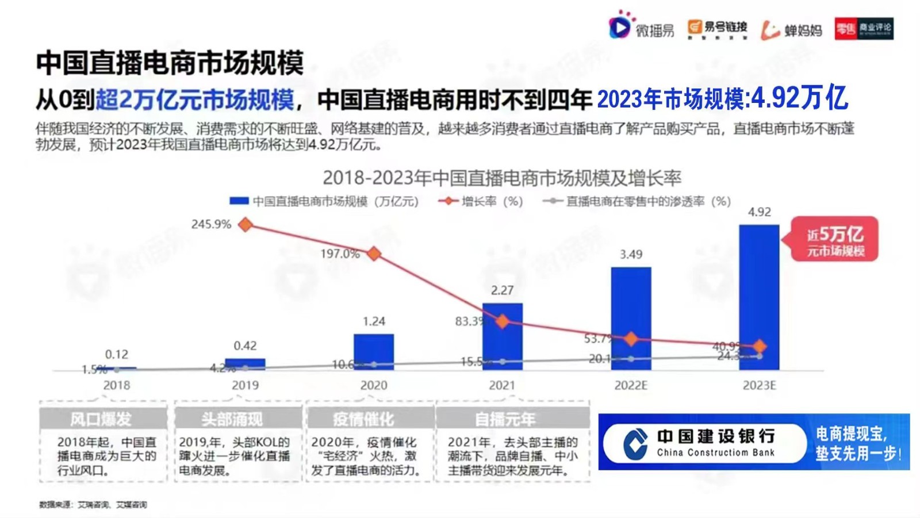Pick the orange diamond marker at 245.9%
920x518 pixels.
(x=246, y=225)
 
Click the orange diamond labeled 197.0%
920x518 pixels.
(x=374, y=253)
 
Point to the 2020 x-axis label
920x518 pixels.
(x=374, y=385)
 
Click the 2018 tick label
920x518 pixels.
(x=117, y=385)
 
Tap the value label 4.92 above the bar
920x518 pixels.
(x=759, y=212)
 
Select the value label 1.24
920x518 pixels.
(x=374, y=321)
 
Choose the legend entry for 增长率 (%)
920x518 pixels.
(x=481, y=201)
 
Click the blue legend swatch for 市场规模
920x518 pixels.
(x=239, y=201)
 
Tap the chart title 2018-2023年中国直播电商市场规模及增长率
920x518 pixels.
(x=501, y=178)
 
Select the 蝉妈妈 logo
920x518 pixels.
(x=792, y=29)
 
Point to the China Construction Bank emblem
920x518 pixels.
(x=635, y=443)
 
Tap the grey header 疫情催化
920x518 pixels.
(x=363, y=419)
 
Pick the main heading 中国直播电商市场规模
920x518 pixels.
(x=170, y=63)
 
